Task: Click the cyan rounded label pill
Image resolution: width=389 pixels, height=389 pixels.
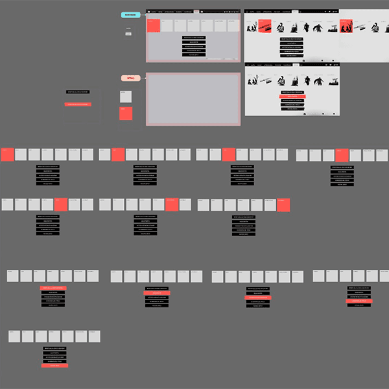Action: pyautogui.click(x=130, y=14)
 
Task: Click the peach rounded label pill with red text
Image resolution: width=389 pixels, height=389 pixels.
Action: pyautogui.click(x=130, y=78)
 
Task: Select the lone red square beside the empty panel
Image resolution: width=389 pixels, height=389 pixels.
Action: pyautogui.click(x=126, y=114)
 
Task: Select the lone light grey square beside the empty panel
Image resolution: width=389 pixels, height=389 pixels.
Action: pyautogui.click(x=126, y=97)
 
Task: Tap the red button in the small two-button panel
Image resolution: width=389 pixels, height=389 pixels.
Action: pyautogui.click(x=78, y=104)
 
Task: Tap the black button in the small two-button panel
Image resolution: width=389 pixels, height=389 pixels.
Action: pyautogui.click(x=78, y=92)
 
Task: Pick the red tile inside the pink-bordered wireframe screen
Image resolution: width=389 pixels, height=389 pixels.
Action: pyautogui.click(x=154, y=25)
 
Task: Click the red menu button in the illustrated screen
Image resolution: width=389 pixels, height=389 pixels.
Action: pyautogui.click(x=293, y=96)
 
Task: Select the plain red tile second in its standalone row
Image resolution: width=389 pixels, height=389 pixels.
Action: pyautogui.click(x=117, y=154)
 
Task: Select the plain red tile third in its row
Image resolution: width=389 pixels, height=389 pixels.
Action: pyautogui.click(x=229, y=154)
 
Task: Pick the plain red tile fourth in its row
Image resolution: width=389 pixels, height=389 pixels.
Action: pyautogui.click(x=342, y=155)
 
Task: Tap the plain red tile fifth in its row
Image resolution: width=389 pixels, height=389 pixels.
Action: pyautogui.click(x=61, y=204)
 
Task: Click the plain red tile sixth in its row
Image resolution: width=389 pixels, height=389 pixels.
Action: pyautogui.click(x=172, y=204)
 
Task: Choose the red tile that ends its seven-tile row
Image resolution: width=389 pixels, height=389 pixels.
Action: pyautogui.click(x=283, y=205)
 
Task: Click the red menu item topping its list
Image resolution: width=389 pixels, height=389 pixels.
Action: pyautogui.click(x=53, y=288)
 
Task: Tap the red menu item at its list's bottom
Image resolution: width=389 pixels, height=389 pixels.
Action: pyautogui.click(x=55, y=366)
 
